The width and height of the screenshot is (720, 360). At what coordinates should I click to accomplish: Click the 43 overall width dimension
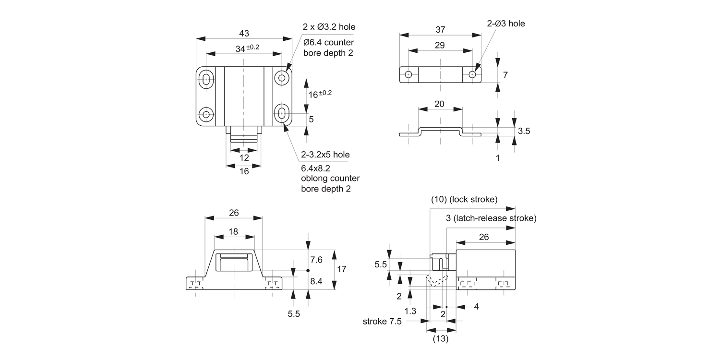tap(244, 33)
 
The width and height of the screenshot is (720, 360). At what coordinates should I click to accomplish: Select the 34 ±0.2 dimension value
tap(247, 48)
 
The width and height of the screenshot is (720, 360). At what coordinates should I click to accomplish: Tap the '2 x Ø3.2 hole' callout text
tap(329, 26)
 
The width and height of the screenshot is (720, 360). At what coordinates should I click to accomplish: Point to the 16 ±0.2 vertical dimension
tap(320, 94)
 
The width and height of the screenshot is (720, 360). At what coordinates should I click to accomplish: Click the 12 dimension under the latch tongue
tap(244, 157)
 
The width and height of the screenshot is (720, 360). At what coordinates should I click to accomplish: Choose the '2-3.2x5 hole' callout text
tap(325, 155)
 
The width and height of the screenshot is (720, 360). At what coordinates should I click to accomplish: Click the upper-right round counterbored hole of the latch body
tap(281, 77)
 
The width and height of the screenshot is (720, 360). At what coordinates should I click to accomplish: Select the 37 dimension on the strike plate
tap(440, 30)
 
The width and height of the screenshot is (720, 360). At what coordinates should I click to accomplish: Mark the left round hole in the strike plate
tap(408, 75)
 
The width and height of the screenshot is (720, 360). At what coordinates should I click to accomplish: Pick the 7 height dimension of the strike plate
tap(505, 75)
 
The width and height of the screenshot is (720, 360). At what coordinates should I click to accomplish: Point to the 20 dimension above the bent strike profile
tap(439, 104)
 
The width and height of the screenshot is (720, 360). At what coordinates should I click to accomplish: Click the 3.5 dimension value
tap(524, 131)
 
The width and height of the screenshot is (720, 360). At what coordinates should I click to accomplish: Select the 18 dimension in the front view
tap(233, 231)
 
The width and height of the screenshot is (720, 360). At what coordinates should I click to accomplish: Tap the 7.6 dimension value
tap(316, 260)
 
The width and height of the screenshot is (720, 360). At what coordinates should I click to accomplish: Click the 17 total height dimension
tap(341, 269)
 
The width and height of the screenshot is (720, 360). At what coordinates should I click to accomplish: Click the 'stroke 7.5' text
tap(382, 321)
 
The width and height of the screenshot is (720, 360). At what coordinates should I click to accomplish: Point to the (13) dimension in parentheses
tap(441, 339)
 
